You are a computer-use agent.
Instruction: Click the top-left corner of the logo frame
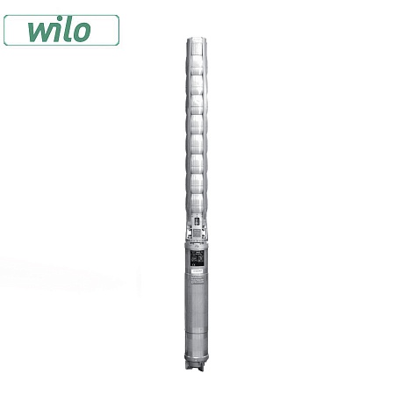6,14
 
